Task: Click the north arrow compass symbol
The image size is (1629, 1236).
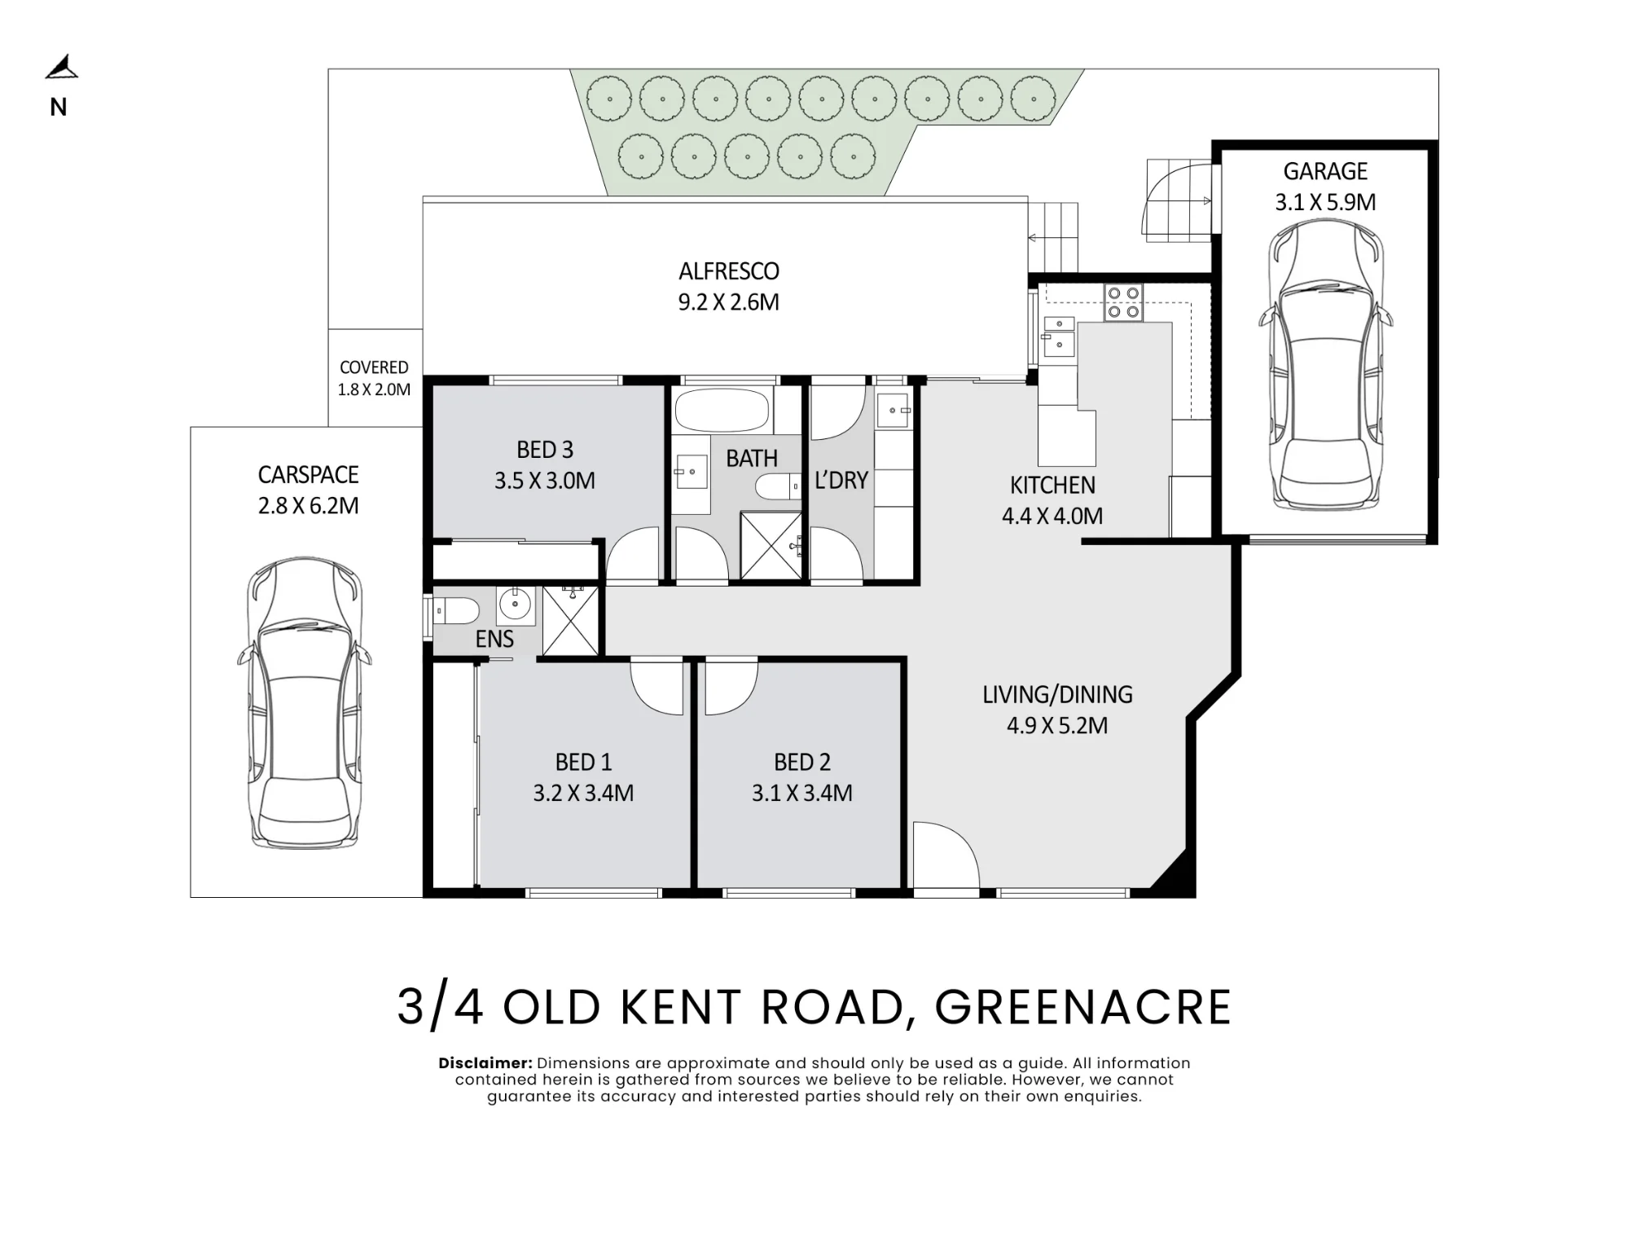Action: coord(62,68)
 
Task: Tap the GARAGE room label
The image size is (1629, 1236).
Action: coord(1325,171)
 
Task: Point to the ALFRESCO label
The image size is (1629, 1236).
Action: coord(729,271)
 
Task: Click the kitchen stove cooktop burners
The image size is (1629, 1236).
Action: coord(1124,302)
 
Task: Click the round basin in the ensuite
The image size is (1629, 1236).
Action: coord(515,605)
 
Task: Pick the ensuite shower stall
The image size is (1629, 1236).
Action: coord(570,620)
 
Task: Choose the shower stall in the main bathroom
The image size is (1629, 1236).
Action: coord(771,545)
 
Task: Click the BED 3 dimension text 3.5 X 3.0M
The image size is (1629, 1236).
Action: coord(545,481)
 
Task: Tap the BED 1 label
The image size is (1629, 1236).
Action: coord(583,762)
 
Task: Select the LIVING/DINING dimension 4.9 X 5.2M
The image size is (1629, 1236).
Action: coord(1057,725)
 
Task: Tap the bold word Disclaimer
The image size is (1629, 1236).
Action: coord(485,1063)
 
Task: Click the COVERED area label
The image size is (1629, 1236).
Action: coord(374,367)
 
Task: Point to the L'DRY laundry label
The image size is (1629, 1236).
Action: coord(841,480)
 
